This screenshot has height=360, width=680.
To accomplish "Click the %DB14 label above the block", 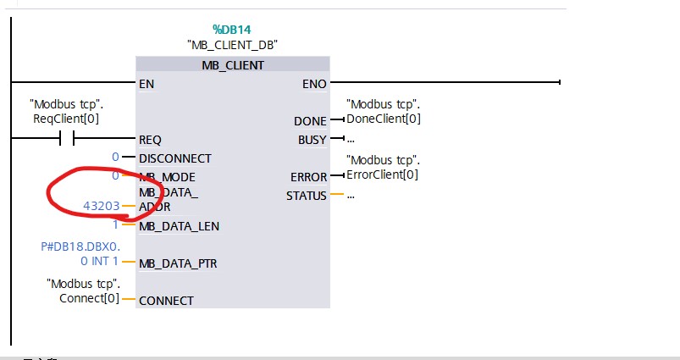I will click(x=232, y=29).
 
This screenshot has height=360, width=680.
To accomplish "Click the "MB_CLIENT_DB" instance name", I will click(x=232, y=44).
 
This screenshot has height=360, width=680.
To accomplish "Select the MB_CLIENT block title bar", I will click(x=232, y=64).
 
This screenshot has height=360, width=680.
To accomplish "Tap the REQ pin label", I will click(x=149, y=140).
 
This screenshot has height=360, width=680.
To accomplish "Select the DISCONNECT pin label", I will click(x=174, y=158).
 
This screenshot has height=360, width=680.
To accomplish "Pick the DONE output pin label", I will click(x=310, y=121).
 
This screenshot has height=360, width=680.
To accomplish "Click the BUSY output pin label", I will click(x=312, y=140).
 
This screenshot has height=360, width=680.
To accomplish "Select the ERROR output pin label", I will click(x=309, y=177).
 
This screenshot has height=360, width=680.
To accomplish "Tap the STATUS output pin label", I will click(x=307, y=196).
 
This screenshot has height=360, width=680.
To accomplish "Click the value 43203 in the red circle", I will click(x=101, y=206).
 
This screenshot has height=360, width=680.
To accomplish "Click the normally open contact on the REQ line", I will click(x=65, y=138).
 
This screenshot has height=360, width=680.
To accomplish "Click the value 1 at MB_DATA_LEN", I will click(x=115, y=225).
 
